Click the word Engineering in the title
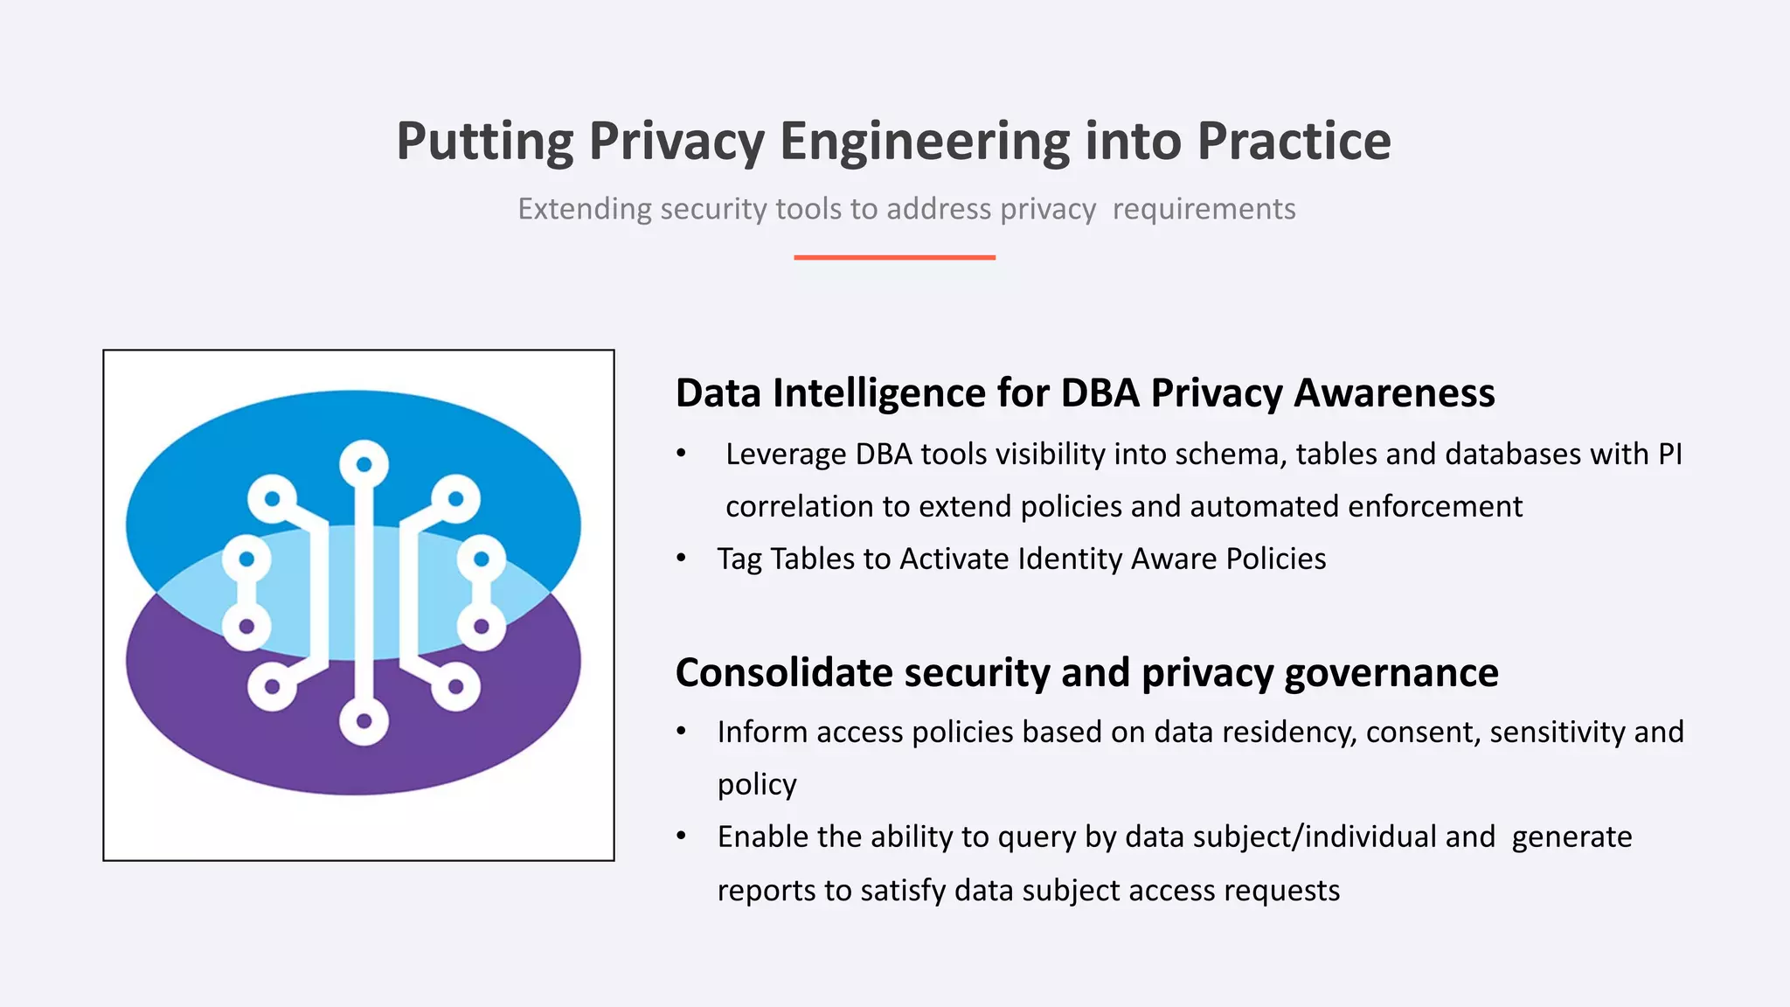tap(924, 142)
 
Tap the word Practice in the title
tap(1294, 142)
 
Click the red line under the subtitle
tap(894, 257)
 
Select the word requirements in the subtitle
tap(1204, 209)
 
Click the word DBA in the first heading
tap(1100, 393)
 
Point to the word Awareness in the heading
tap(1394, 393)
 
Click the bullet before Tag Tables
tap(682, 559)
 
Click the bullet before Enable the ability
tap(682, 837)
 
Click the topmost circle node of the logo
tap(364, 464)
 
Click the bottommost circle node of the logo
tap(364, 721)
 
